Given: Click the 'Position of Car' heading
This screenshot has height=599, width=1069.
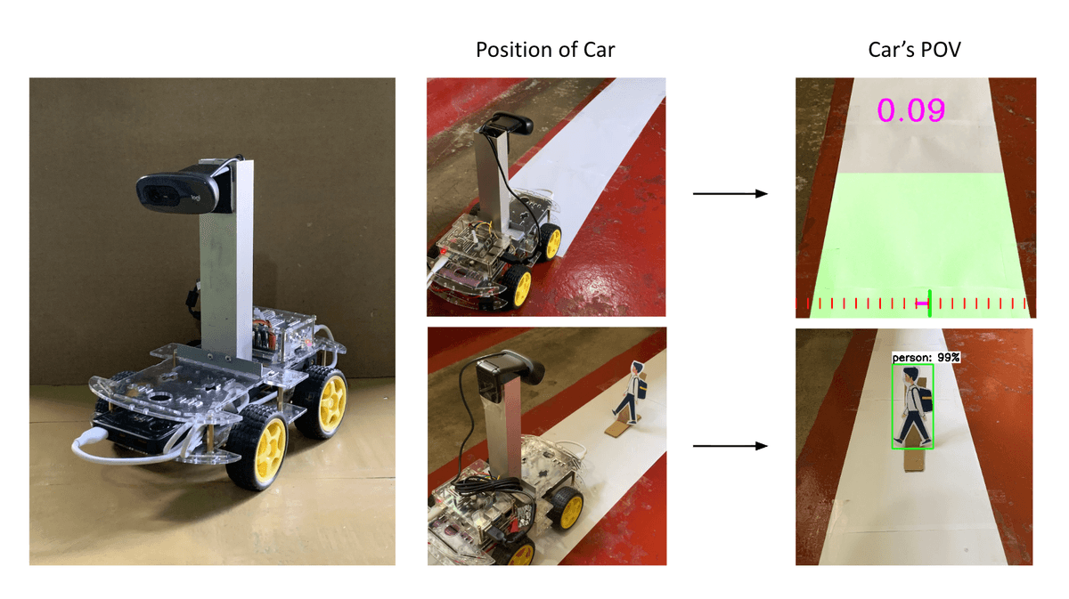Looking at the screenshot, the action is (545, 50).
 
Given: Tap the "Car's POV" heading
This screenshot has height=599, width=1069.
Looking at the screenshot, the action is (914, 50).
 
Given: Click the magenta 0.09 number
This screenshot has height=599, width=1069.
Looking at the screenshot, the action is (910, 110).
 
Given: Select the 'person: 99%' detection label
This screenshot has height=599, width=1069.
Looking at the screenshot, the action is (926, 357).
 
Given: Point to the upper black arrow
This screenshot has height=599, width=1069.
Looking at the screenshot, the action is (730, 194).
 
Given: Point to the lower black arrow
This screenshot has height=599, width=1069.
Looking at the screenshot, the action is (730, 446).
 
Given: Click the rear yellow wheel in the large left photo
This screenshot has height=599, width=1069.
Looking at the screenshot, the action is (323, 401).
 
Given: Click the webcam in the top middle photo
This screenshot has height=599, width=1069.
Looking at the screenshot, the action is (507, 124).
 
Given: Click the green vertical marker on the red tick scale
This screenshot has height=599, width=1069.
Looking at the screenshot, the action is (930, 304).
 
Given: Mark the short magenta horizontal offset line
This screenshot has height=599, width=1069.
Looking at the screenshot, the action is (922, 303).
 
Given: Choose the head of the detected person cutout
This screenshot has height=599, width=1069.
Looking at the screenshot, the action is (910, 376).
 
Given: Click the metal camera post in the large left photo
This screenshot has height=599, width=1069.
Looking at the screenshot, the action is (226, 267).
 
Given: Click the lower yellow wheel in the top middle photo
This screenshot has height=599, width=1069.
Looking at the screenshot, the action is (518, 286).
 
